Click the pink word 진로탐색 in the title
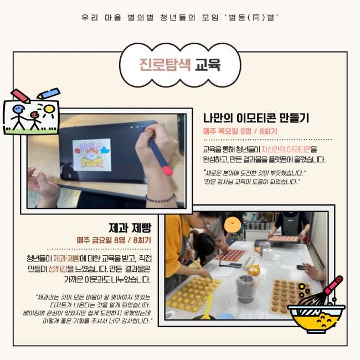165,65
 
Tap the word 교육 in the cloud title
208,65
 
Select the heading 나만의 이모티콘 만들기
256,118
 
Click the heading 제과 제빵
130,228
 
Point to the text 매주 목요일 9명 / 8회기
240,131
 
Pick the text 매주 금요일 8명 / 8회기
114,240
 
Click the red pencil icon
20,96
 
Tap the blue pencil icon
49,93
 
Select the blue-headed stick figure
19,117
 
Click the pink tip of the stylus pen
167,171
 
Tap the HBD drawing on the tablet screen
92,155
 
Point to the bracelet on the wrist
161,198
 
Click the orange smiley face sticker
233,224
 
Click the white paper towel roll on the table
268,254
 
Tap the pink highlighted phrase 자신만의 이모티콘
286,150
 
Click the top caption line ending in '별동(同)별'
180,18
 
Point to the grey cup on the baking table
245,289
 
